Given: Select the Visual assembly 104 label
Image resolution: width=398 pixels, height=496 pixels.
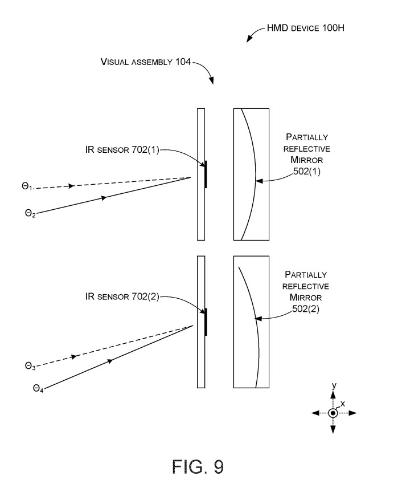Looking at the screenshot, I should pyautogui.click(x=146, y=62).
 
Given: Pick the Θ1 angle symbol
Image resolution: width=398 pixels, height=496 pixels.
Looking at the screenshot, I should pyautogui.click(x=27, y=186).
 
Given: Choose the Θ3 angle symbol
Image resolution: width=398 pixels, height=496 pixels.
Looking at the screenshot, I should pyautogui.click(x=30, y=366).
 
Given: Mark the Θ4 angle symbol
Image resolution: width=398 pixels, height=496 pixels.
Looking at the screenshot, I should pyautogui.click(x=38, y=389).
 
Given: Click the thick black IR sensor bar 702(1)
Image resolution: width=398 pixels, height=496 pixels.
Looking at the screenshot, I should pyautogui.click(x=206, y=174).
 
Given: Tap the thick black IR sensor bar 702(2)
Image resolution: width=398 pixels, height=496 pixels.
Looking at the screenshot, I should pyautogui.click(x=206, y=322).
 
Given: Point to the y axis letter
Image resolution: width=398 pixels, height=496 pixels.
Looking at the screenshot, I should pyautogui.click(x=334, y=386).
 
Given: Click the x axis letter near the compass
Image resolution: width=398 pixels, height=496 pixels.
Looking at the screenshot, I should pyautogui.click(x=342, y=403).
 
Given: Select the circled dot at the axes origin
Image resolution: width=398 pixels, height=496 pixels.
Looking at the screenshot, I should pyautogui.click(x=333, y=413).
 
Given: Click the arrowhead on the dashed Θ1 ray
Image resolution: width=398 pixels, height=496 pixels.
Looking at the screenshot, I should pyautogui.click(x=72, y=186).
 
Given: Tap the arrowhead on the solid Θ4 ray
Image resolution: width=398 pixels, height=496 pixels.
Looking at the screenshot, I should pyautogui.click(x=109, y=361).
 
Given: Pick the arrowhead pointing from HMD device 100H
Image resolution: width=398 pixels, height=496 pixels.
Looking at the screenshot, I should pyautogui.click(x=249, y=39).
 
